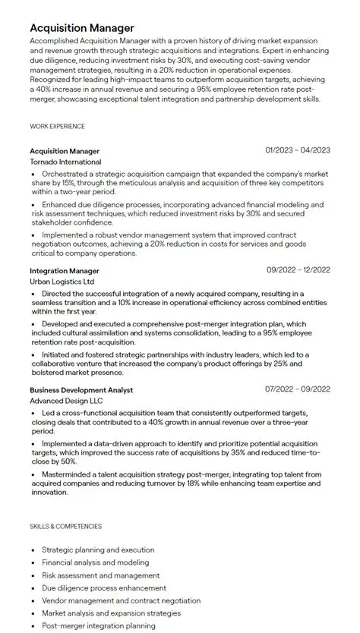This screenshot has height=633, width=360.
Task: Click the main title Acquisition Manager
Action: click(x=82, y=28)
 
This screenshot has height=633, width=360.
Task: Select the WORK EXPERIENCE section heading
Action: click(x=57, y=126)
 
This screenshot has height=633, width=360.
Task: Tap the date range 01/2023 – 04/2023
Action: click(x=298, y=150)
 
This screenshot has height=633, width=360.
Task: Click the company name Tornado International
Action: click(x=65, y=162)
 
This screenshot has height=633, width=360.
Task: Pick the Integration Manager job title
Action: click(x=65, y=270)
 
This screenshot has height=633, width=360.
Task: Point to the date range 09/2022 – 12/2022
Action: click(x=298, y=269)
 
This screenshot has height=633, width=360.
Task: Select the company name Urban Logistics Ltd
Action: click(x=62, y=282)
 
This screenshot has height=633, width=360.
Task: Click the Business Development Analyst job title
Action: click(x=81, y=389)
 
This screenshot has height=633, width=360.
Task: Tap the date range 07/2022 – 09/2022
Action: click(x=298, y=389)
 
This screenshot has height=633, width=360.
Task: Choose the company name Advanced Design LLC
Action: click(x=66, y=400)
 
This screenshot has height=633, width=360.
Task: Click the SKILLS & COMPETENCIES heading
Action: click(x=65, y=526)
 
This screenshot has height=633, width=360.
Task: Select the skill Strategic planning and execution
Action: click(x=98, y=550)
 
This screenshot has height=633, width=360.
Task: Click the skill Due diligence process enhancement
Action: click(x=104, y=587)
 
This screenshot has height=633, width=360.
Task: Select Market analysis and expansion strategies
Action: click(x=115, y=613)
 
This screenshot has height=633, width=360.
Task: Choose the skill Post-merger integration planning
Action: click(x=99, y=625)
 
